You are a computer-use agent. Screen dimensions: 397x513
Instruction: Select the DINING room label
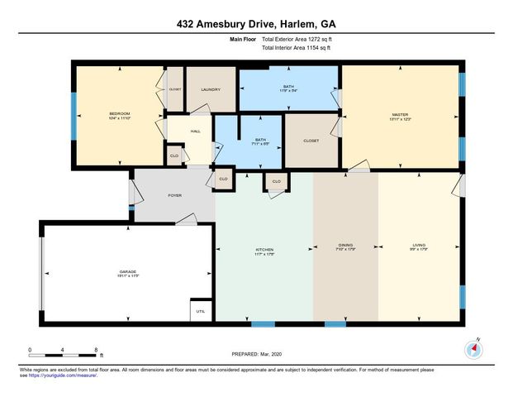coord(344,244)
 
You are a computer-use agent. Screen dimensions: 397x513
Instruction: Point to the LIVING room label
coord(420,244)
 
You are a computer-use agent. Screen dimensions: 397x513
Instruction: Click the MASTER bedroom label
coord(401,114)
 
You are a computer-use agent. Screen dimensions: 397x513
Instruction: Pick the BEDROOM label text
coord(121,114)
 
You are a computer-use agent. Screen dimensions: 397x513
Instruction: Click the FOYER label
coord(174,195)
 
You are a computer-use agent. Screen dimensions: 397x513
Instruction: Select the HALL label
coord(196,130)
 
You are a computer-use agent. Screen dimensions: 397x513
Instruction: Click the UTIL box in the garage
coord(200,311)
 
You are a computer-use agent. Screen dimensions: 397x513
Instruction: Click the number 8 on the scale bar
coord(97,351)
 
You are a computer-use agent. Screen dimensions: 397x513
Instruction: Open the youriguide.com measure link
coord(68,375)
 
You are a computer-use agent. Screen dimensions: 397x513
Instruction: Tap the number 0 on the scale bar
coord(30,351)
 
